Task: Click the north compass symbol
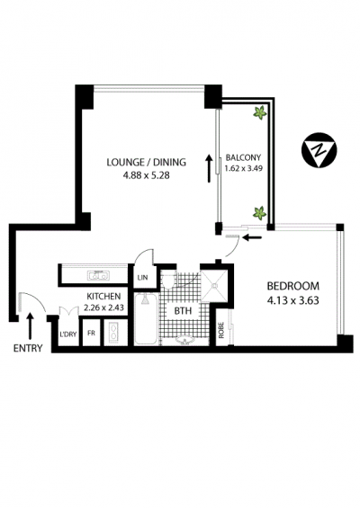(x=319, y=149)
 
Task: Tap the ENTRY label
(x=28, y=348)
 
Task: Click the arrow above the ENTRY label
(x=31, y=325)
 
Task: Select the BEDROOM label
(x=292, y=286)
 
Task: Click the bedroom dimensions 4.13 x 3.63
(x=292, y=300)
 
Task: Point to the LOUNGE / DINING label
(x=147, y=162)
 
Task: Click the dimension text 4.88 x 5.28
(x=147, y=175)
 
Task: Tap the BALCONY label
(x=243, y=157)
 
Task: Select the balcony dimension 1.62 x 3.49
(x=244, y=168)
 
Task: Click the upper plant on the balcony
(x=260, y=112)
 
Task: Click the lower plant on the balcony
(x=259, y=213)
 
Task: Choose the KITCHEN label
(x=103, y=296)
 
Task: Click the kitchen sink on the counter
(x=98, y=276)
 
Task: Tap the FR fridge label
(x=92, y=333)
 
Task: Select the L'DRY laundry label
(x=68, y=334)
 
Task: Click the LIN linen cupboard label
(x=143, y=277)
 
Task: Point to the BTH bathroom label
(x=184, y=311)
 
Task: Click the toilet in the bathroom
(x=168, y=281)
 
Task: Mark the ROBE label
(x=221, y=330)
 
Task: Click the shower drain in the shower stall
(x=214, y=286)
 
